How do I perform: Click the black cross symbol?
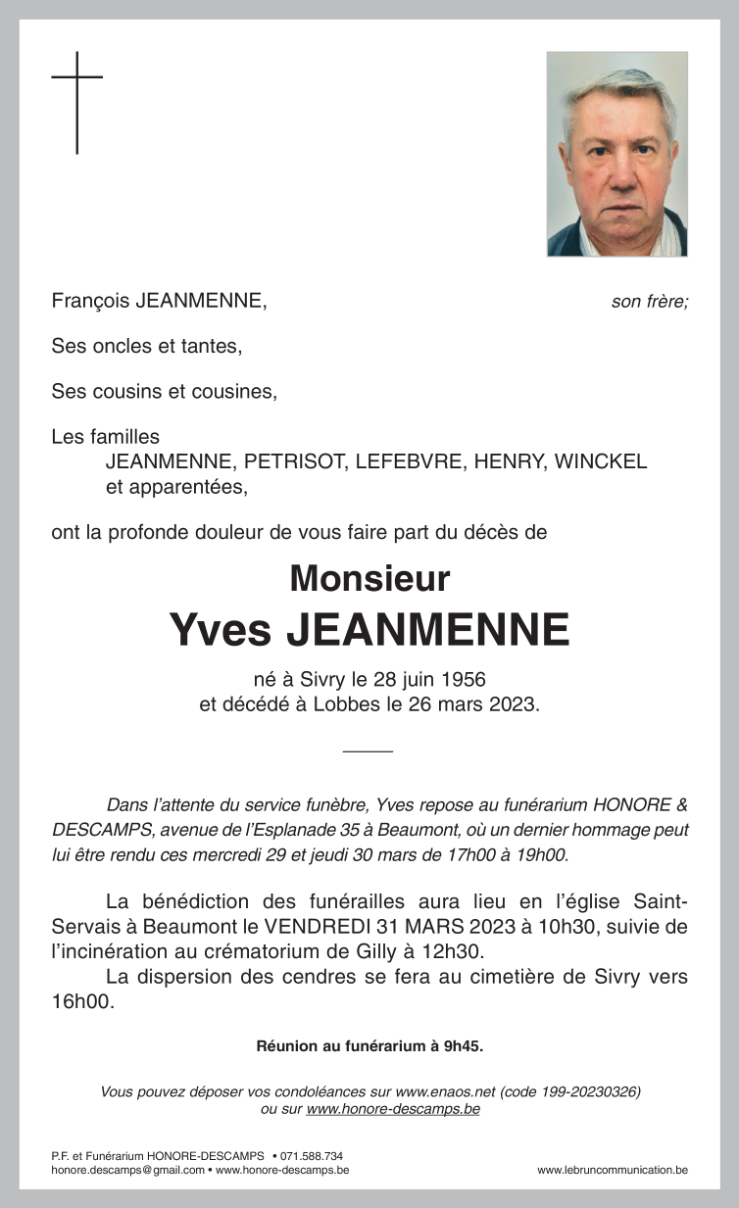click(x=76, y=102)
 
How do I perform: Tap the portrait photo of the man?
click(x=616, y=154)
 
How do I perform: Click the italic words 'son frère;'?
click(x=650, y=302)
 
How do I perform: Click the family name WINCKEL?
click(x=601, y=462)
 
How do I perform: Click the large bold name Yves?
click(x=220, y=629)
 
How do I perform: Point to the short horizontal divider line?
click(x=369, y=750)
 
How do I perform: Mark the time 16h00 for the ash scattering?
click(x=82, y=1001)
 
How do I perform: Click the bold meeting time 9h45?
click(x=464, y=1046)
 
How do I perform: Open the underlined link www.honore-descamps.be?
click(x=393, y=1109)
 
